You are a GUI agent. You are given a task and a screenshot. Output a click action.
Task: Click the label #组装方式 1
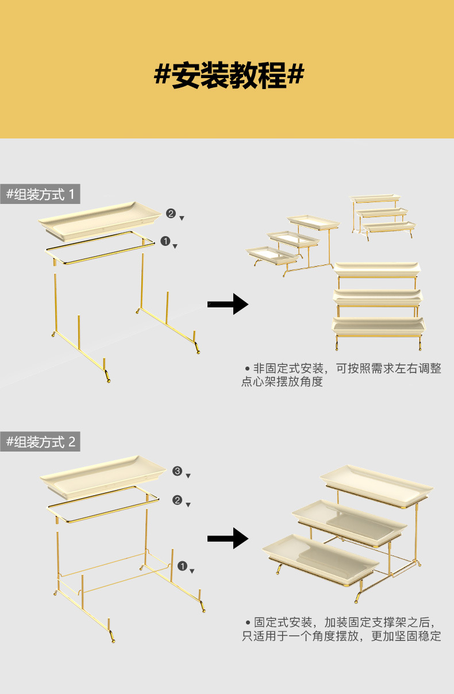pyautogui.click(x=40, y=194)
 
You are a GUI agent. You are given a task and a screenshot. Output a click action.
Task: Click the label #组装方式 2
pyautogui.click(x=40, y=442)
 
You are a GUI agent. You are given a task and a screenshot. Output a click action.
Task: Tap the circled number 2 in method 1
pyautogui.click(x=171, y=214)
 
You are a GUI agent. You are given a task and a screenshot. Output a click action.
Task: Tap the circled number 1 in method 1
pyautogui.click(x=166, y=242)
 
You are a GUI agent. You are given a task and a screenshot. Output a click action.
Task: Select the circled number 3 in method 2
pyautogui.click(x=178, y=472)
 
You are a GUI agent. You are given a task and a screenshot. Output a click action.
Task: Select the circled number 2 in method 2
pyautogui.click(x=178, y=500)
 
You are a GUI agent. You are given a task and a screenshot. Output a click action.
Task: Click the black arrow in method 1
pyautogui.click(x=228, y=303)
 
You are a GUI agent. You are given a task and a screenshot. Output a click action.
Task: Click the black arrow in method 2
pyautogui.click(x=228, y=539)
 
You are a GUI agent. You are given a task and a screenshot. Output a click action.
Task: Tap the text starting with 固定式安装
pyautogui.click(x=341, y=629)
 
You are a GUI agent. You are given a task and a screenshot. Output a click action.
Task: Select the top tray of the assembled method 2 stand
pyautogui.click(x=376, y=483)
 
